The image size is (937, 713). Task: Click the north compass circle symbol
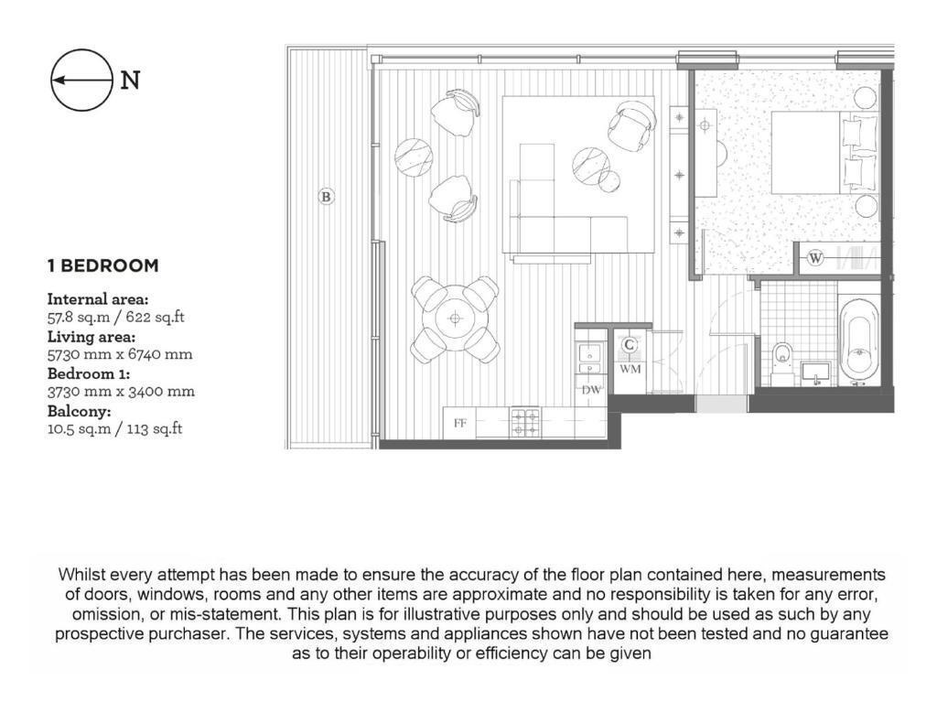pyautogui.click(x=81, y=81)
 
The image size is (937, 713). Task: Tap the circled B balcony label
pyautogui.click(x=327, y=196)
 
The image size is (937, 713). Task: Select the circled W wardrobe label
pyautogui.click(x=815, y=259)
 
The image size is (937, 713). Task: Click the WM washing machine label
pyautogui.click(x=630, y=370)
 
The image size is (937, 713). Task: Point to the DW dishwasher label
pyautogui.click(x=591, y=390)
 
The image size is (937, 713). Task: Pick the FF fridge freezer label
pyautogui.click(x=460, y=424)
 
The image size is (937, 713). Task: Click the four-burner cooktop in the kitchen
pyautogui.click(x=524, y=423)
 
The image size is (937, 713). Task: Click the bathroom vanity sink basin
pyautogui.click(x=815, y=373)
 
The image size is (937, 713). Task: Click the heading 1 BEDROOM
pyautogui.click(x=103, y=266)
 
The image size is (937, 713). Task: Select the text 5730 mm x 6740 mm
pyautogui.click(x=120, y=354)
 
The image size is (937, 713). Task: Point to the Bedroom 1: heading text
pyautogui.click(x=89, y=373)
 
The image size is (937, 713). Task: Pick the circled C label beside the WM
pyautogui.click(x=630, y=345)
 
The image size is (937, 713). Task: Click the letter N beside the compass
pyautogui.click(x=131, y=81)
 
